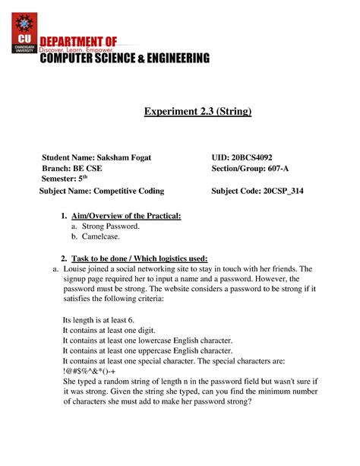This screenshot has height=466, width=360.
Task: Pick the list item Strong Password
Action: (111, 227)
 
